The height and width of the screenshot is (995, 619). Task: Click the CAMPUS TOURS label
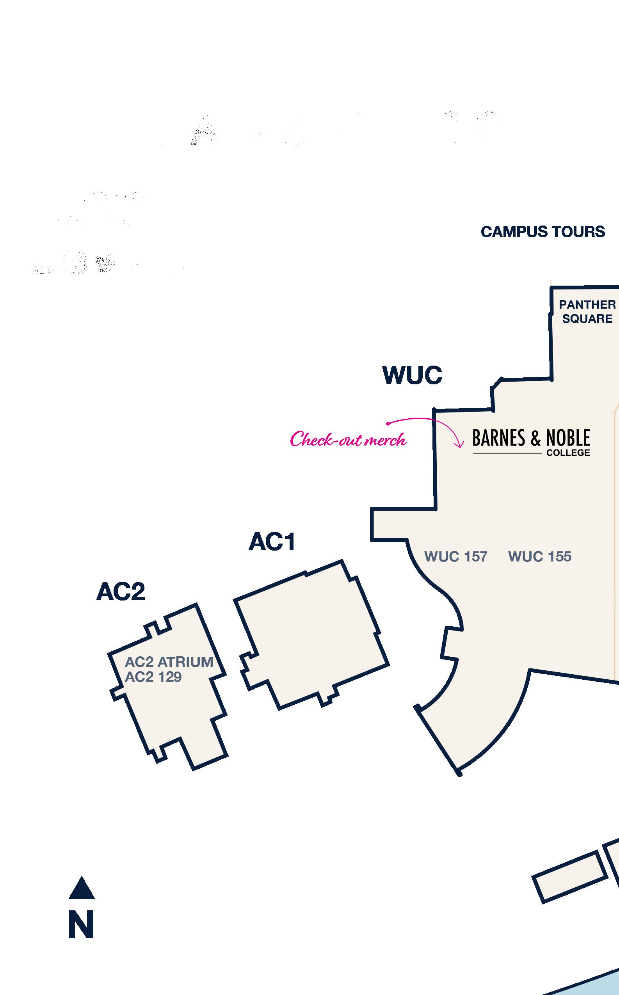pos(543,232)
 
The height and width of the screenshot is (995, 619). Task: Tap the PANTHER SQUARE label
pos(587,311)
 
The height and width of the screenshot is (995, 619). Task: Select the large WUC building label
pos(412,375)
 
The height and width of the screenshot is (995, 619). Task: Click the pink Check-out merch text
pos(348,440)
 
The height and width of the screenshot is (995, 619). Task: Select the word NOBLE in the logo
pos(568,438)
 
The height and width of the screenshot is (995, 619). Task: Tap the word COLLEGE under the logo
pos(568,453)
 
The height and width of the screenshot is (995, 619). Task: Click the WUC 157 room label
pos(455,557)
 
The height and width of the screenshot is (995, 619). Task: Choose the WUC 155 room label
pos(540,557)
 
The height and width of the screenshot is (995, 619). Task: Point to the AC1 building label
pos(272,542)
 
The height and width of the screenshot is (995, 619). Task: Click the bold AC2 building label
pos(121,592)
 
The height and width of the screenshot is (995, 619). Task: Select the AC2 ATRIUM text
pos(169,662)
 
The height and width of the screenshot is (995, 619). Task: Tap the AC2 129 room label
pos(153,677)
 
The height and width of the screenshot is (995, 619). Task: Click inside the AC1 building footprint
pos(311,634)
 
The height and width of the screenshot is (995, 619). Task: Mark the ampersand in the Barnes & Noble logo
pos(535,438)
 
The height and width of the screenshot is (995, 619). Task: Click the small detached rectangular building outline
pos(569,877)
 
